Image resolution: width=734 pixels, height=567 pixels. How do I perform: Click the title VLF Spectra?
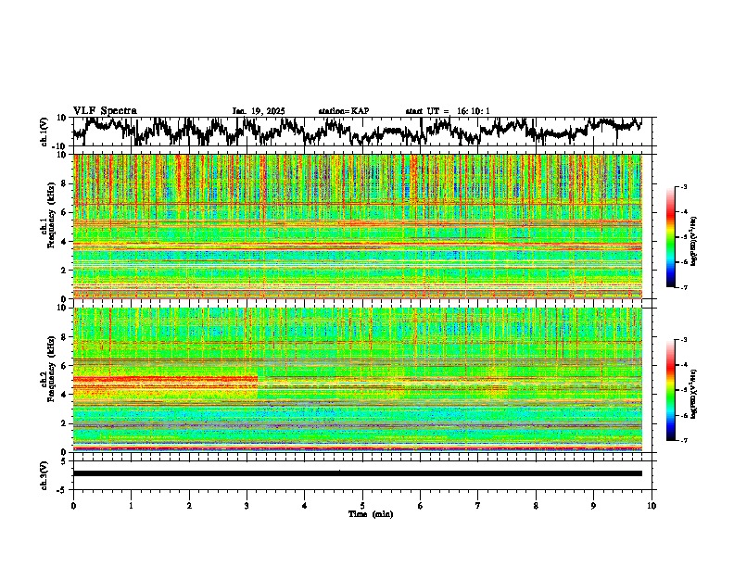click(105, 110)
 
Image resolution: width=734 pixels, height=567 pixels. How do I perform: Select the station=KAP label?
click(343, 111)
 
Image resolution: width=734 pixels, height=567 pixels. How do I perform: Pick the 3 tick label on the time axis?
click(247, 505)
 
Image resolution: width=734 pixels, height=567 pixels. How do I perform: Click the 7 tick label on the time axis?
click(478, 505)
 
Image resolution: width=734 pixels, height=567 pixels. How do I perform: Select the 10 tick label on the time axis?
click(652, 505)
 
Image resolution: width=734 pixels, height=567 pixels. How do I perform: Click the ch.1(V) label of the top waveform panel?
click(45, 132)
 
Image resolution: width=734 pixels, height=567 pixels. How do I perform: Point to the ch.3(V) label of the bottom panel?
click(45, 472)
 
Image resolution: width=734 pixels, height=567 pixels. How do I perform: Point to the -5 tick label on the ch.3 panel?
click(63, 487)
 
